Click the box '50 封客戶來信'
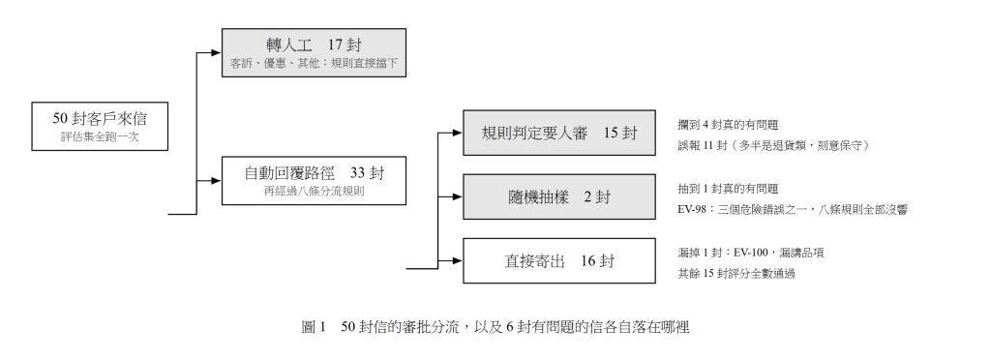(100, 127)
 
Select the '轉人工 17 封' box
(314, 53)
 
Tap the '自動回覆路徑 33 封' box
(314, 181)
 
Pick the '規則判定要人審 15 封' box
(559, 133)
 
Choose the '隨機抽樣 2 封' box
(559, 197)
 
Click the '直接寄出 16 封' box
(559, 261)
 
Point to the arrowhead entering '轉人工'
(217, 53)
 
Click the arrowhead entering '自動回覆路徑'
(217, 181)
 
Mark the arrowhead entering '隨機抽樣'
(458, 197)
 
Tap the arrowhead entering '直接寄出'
(458, 261)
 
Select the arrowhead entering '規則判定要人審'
(458, 133)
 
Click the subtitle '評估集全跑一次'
(100, 136)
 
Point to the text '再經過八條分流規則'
(314, 192)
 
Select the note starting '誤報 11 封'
(773, 146)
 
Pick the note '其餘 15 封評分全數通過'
(736, 274)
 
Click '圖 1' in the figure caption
(314, 327)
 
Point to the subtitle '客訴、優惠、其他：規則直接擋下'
(314, 64)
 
